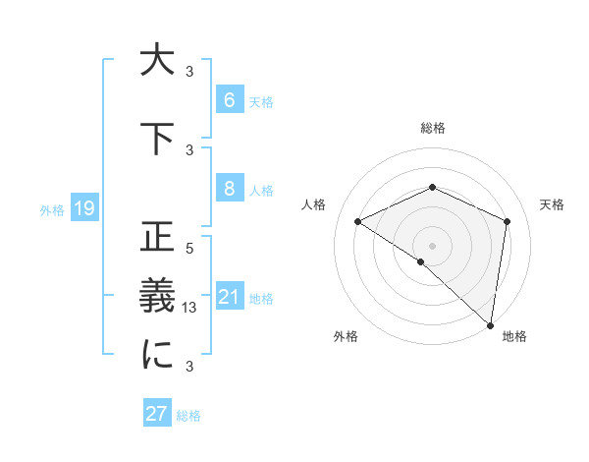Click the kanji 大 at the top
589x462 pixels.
tap(157, 61)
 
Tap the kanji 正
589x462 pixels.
tap(157, 238)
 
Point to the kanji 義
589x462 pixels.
tap(157, 296)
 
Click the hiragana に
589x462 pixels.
tap(157, 356)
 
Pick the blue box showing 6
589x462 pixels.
tap(229, 100)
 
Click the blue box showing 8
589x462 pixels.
tap(229, 189)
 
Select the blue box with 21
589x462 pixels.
tap(229, 297)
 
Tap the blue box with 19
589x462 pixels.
tap(83, 208)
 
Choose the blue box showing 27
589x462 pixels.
tap(157, 413)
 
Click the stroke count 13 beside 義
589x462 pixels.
tap(190, 308)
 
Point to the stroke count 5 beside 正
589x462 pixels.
tap(189, 249)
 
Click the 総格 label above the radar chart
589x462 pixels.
tap(432, 129)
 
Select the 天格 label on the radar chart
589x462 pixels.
tap(552, 204)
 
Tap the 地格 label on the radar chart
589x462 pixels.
tap(514, 336)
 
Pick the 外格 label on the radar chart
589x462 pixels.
tap(346, 336)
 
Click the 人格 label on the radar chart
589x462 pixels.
tap(313, 204)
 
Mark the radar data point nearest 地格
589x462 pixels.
tap(490, 324)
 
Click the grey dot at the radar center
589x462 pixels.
tap(432, 245)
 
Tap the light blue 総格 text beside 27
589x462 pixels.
tap(188, 416)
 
